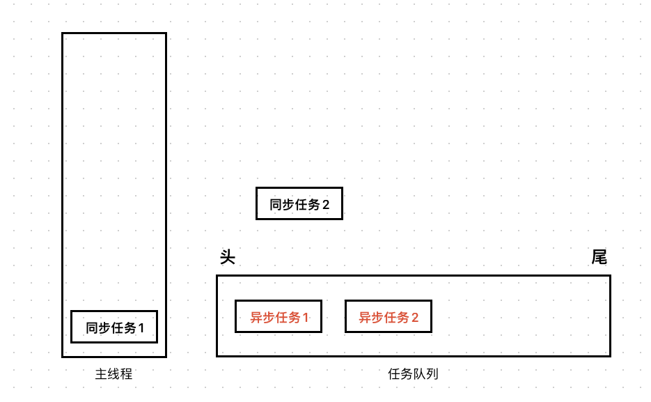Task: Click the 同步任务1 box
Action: tap(114, 327)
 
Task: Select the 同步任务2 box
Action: tap(299, 203)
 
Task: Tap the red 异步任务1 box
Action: tap(279, 316)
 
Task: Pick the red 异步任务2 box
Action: tap(389, 316)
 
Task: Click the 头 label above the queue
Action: tap(228, 257)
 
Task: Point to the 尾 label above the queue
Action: tap(599, 257)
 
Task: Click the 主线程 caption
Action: tap(113, 374)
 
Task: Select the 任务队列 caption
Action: tap(413, 374)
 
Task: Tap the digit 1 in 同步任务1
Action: tap(141, 327)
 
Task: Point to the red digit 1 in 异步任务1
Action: tap(305, 318)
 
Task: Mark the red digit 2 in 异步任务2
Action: tap(415, 318)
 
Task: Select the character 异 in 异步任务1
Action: tap(257, 318)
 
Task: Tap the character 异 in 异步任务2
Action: tap(366, 318)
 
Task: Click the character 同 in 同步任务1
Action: tap(93, 327)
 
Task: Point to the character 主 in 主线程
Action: tap(101, 374)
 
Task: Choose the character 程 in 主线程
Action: tap(126, 374)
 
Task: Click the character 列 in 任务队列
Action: tap(432, 374)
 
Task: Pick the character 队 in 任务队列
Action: tap(419, 374)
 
